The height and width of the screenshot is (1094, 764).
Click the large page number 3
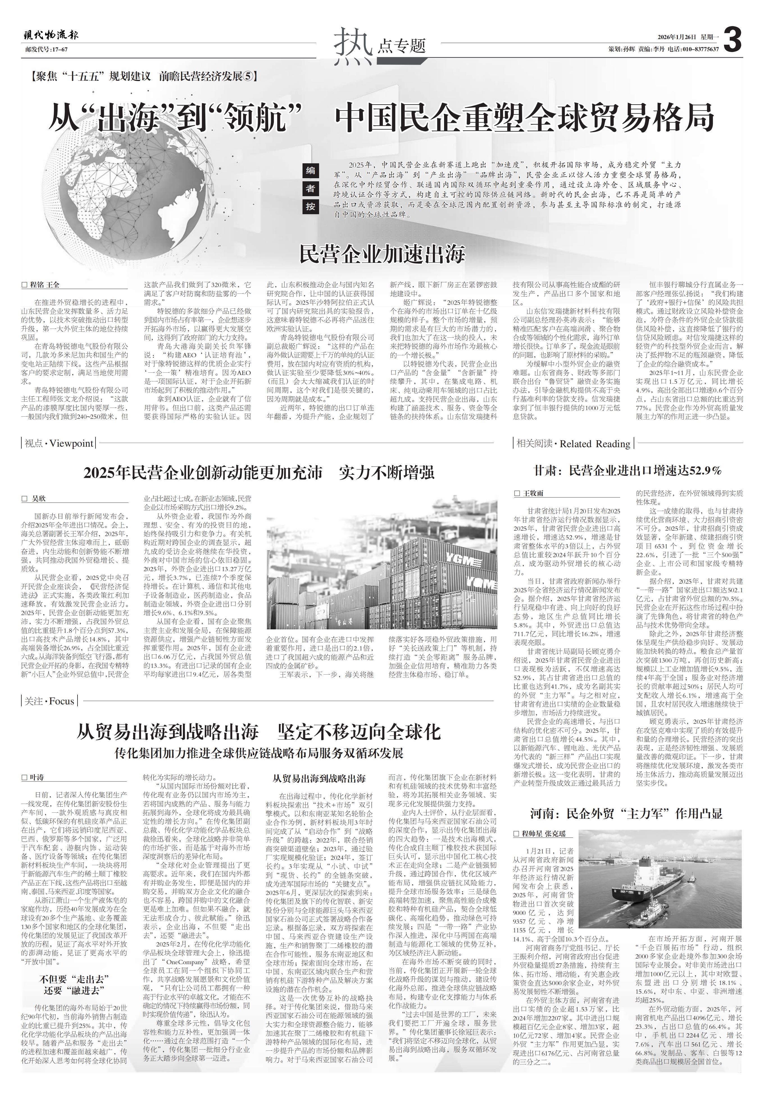click(732, 40)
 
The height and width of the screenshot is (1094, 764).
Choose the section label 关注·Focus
click(49, 701)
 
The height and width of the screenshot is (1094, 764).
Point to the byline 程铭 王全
click(46, 285)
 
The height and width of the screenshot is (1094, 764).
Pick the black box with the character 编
click(310, 171)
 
